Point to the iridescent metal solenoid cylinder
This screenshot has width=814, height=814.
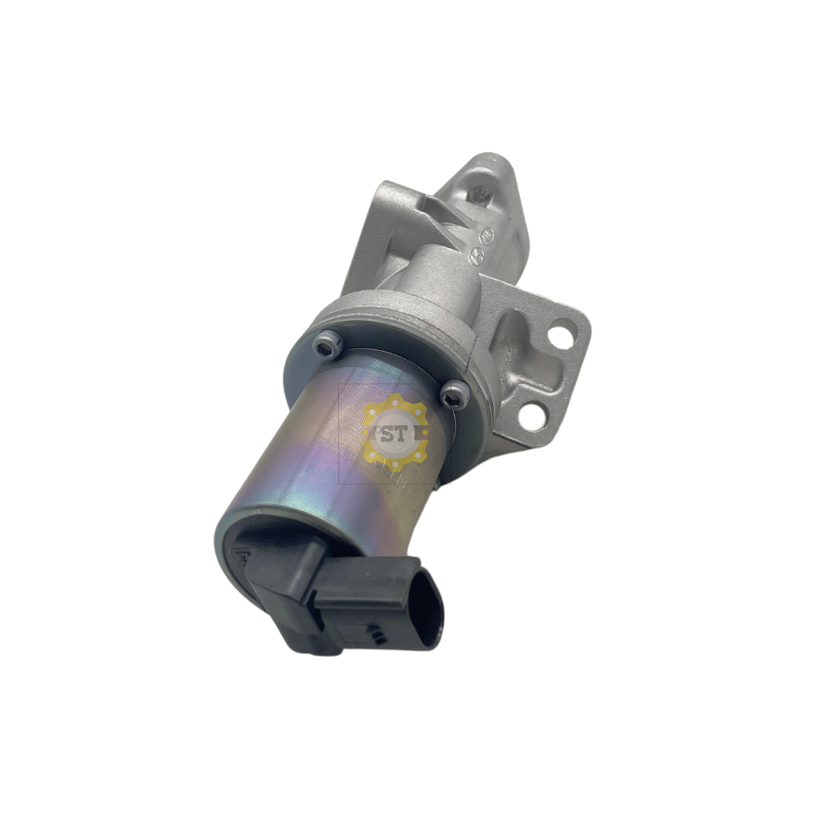pyautogui.click(x=298, y=452)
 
